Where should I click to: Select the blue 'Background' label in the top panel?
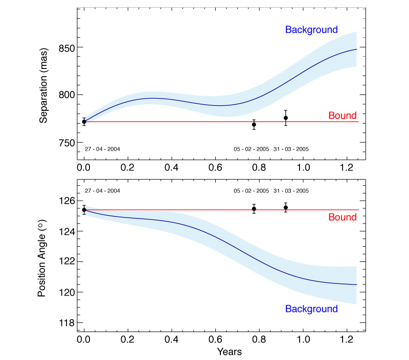pyautogui.click(x=311, y=30)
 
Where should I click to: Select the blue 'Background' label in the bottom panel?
pyautogui.click(x=311, y=309)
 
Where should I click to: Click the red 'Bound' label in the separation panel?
pyautogui.click(x=342, y=116)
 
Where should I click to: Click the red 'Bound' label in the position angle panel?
pyautogui.click(x=342, y=218)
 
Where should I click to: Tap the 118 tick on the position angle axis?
pyautogui.click(x=65, y=323)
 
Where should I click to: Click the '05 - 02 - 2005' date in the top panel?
pyautogui.click(x=251, y=149)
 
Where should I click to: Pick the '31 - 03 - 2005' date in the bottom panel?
pyautogui.click(x=291, y=190)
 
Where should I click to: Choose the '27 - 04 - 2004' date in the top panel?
pyautogui.click(x=102, y=149)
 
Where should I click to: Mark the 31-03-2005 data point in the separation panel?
pyautogui.click(x=286, y=118)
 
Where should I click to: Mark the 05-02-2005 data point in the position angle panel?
pyautogui.click(x=254, y=209)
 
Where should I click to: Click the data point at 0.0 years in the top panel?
pyautogui.click(x=84, y=122)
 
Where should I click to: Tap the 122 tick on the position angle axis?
pyautogui.click(x=65, y=262)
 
